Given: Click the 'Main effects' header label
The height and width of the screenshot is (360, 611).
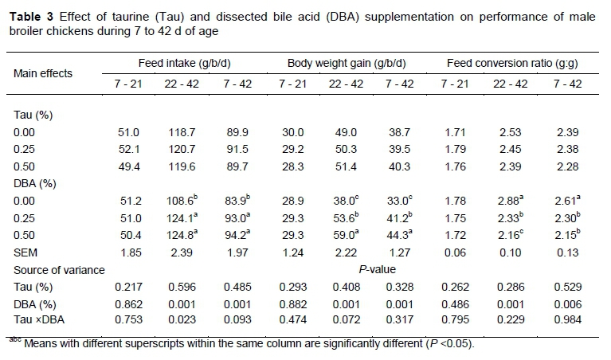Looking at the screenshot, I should [x=43, y=73].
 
